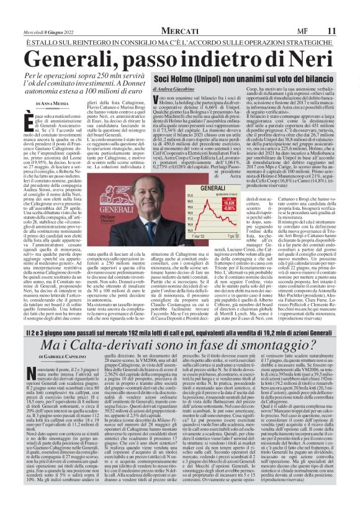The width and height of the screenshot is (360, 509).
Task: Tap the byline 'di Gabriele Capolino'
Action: (65, 355)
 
